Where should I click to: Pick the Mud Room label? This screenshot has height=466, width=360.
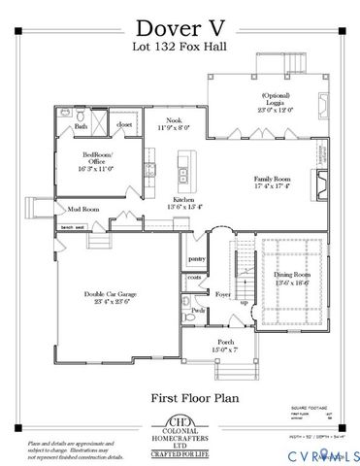83,209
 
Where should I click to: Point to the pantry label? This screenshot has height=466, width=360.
198,258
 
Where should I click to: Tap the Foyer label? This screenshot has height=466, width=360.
222,291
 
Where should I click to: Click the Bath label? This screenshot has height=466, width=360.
82,126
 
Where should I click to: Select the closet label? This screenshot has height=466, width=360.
124,125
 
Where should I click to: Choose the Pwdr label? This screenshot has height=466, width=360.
198,311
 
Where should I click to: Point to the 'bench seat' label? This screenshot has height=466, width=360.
74,227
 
